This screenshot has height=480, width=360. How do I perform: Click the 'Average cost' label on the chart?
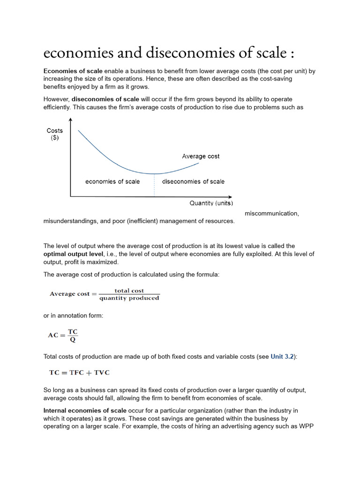(x=201, y=156)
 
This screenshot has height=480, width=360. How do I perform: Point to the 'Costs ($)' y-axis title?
(x=55, y=134)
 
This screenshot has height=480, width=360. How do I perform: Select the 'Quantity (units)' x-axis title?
(x=211, y=203)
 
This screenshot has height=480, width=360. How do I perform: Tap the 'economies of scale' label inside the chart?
(x=112, y=181)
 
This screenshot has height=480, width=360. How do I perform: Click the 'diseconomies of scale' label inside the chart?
(x=193, y=181)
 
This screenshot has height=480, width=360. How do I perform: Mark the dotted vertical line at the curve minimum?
(x=154, y=185)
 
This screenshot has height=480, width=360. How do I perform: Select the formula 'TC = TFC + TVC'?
(x=80, y=373)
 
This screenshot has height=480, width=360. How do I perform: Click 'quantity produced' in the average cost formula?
(x=129, y=298)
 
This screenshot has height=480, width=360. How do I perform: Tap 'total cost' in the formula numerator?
(x=129, y=291)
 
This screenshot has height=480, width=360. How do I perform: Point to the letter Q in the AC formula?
(x=73, y=339)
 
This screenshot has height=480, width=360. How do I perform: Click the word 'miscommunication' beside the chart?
(x=271, y=213)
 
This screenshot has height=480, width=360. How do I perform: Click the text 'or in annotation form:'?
(x=73, y=316)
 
